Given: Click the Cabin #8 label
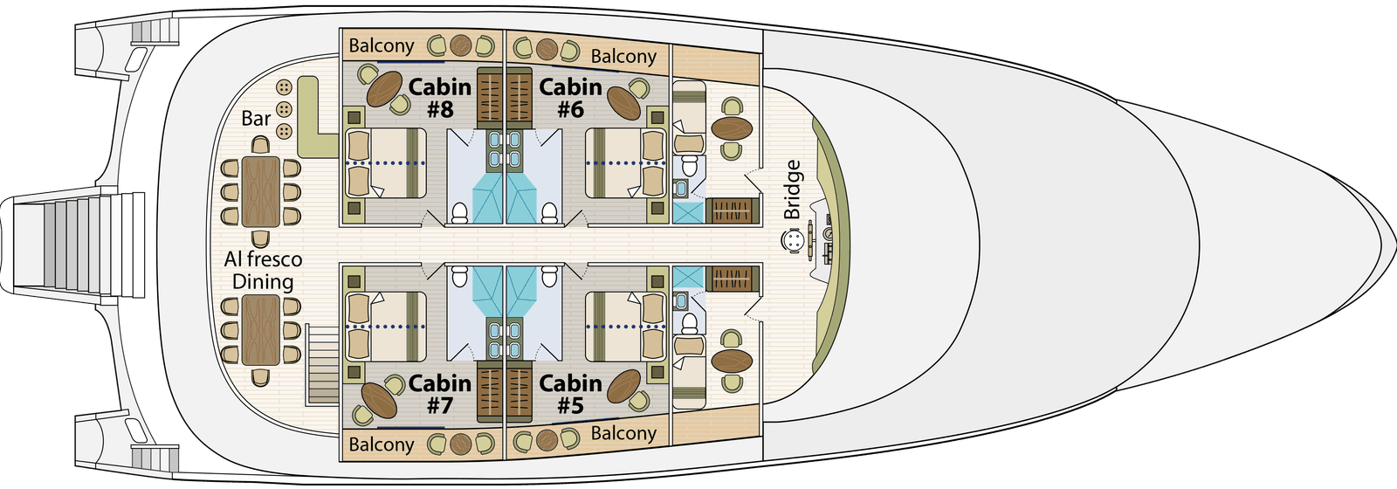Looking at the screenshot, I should pyautogui.click(x=440, y=98).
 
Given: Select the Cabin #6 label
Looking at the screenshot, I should pyautogui.click(x=570, y=98).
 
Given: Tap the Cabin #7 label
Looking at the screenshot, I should pyautogui.click(x=440, y=394).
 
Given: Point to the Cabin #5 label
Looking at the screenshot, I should pyautogui.click(x=570, y=394).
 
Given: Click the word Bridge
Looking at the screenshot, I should pyautogui.click(x=792, y=189).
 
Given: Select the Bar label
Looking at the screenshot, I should pyautogui.click(x=256, y=118).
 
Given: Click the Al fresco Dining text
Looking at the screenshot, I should pyautogui.click(x=263, y=271).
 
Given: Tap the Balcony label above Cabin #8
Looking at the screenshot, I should pyautogui.click(x=382, y=45).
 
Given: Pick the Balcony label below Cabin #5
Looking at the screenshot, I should pyautogui.click(x=623, y=433).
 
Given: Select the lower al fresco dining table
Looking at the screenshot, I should pyautogui.click(x=261, y=331).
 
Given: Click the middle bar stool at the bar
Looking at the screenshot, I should pyautogui.click(x=284, y=110).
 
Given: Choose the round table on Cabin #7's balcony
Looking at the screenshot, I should pyautogui.click(x=459, y=444).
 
